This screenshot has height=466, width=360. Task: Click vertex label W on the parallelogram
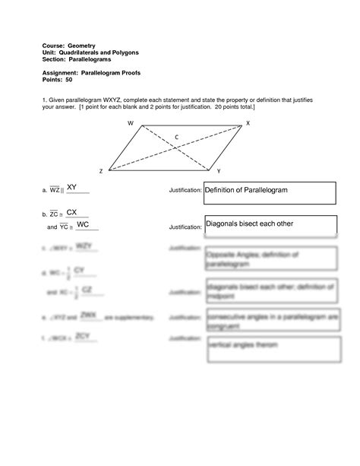tap(131, 123)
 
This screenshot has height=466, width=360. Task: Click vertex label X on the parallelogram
tap(248, 123)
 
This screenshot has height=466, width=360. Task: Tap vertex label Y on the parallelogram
tap(218, 171)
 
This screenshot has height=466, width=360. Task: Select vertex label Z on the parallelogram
tap(100, 172)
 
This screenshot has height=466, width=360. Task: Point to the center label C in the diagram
tap(176, 138)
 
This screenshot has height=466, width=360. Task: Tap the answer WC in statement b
tap(84, 225)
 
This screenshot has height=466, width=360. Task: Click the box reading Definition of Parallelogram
tap(269, 192)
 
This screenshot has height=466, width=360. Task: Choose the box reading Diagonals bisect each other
tap(270, 225)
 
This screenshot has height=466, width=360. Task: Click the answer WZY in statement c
tap(84, 246)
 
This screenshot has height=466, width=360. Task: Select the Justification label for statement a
tap(185, 190)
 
